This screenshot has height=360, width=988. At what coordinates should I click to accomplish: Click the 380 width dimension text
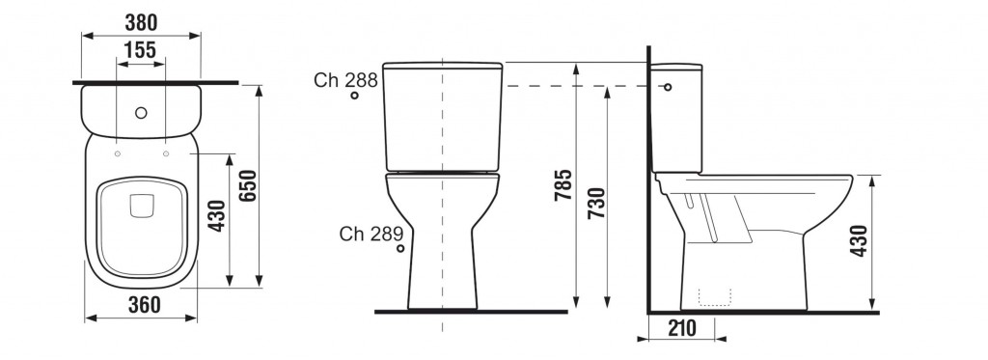[140, 21]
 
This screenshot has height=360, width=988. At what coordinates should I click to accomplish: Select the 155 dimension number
[141, 51]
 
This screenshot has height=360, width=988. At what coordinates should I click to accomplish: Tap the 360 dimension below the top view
[142, 305]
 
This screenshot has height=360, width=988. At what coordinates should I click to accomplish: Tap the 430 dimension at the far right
[860, 241]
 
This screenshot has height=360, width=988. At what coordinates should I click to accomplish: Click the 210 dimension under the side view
[682, 328]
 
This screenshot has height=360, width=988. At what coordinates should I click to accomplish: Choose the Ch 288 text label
[340, 80]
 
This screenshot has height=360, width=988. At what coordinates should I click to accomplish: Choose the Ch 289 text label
[366, 233]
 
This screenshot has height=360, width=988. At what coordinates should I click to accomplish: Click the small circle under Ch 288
[355, 96]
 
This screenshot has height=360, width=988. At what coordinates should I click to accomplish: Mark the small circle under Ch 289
[400, 248]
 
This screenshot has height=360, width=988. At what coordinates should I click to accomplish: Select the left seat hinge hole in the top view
[117, 153]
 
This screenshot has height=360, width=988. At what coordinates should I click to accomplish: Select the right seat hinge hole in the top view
[166, 153]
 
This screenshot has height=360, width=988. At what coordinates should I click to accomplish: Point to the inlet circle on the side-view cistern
[667, 87]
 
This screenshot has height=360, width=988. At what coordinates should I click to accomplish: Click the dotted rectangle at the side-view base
[715, 296]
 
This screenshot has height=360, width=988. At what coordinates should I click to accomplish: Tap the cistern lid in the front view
[443, 67]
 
